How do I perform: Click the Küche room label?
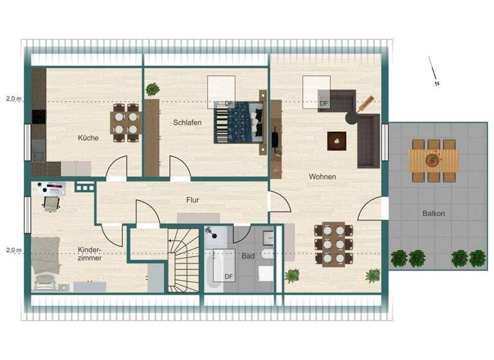(88, 138)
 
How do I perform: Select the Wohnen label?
(322, 176)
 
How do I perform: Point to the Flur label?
(192, 200)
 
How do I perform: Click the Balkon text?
(434, 213)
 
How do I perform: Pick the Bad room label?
(248, 256)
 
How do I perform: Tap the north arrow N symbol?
(436, 84)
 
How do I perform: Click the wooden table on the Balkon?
(435, 158)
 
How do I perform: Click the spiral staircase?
(184, 257)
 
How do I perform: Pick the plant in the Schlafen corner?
(152, 89)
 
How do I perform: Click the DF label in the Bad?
(228, 277)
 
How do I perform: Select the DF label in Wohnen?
(324, 103)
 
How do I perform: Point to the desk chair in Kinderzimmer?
(50, 204)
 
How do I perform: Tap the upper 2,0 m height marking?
(14, 99)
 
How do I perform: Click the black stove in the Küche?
(39, 117)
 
